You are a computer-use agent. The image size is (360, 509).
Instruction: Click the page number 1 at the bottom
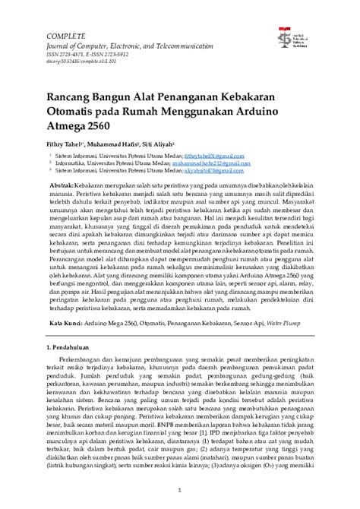pos(180,492)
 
